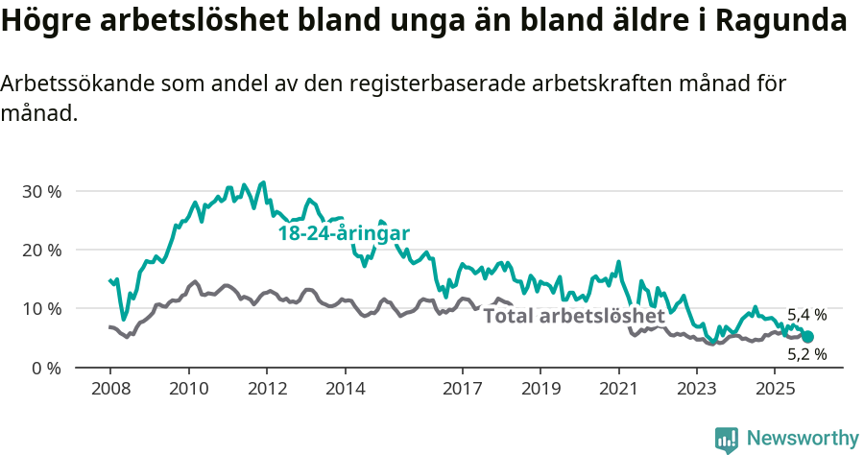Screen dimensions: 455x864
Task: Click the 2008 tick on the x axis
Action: click(109, 389)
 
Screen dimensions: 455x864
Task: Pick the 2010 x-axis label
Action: click(188, 389)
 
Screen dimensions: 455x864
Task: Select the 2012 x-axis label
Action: click(266, 389)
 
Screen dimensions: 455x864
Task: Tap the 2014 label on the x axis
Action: click(345, 389)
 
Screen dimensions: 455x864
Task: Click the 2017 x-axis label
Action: click(462, 389)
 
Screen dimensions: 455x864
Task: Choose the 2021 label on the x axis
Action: click(618, 389)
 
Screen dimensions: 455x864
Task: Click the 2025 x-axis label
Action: click(775, 389)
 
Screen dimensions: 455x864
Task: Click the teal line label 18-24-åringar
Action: click(344, 233)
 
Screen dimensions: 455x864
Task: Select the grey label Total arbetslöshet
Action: click(573, 316)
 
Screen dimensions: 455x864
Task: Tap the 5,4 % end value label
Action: click(806, 315)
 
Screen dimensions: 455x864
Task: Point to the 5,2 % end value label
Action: click(806, 354)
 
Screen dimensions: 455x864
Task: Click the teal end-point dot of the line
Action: click(807, 337)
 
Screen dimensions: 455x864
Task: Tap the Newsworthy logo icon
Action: click(727, 440)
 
